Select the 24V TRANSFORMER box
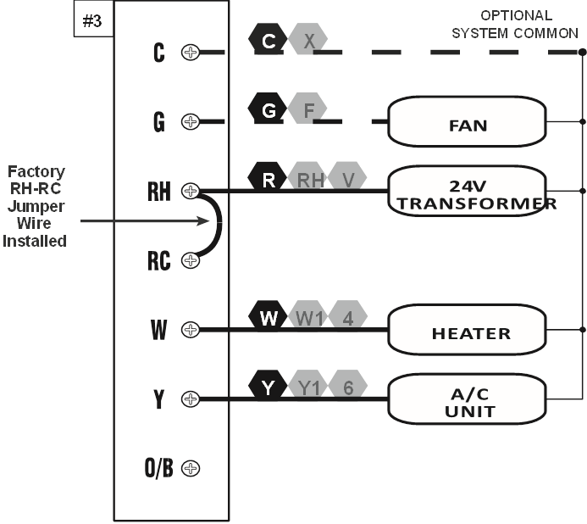[x=468, y=191]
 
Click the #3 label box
[x=91, y=21]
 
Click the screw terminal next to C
[x=191, y=52]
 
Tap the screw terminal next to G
[x=191, y=121]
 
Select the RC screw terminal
[x=191, y=260]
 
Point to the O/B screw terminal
[x=191, y=468]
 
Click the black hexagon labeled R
[x=269, y=179]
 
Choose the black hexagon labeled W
[x=269, y=318]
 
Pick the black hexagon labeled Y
[x=269, y=387]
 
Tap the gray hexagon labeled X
[x=308, y=41]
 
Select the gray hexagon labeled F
[x=308, y=109]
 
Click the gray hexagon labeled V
[x=348, y=179]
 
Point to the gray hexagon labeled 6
[x=348, y=387]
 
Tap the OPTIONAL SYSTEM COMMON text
[x=515, y=24]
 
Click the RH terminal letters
[x=158, y=192]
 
